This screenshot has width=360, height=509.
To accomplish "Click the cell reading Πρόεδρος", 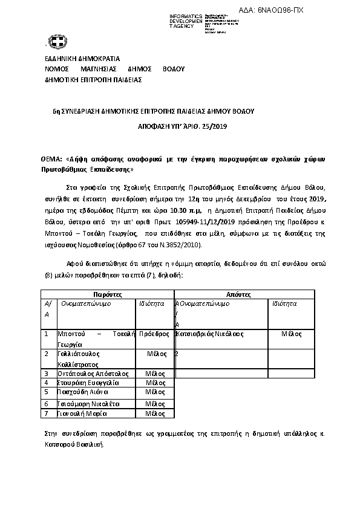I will click(x=154, y=334).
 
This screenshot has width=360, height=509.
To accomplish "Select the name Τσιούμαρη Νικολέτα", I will click(x=88, y=403).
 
